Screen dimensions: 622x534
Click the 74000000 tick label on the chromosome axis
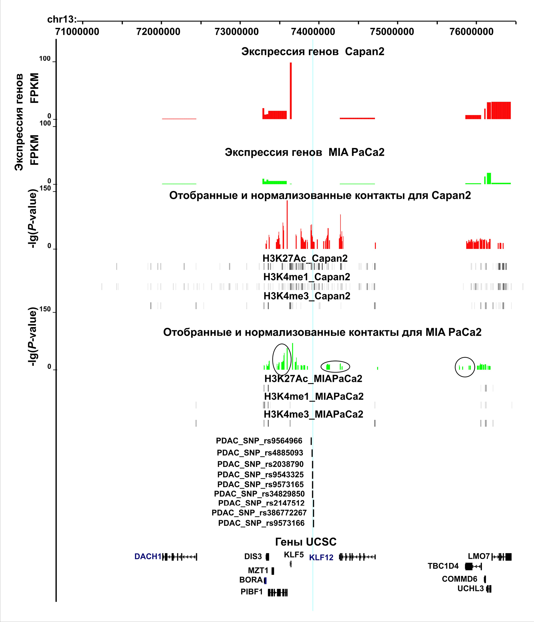pos(313,31)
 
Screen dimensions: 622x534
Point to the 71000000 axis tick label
pos(77,31)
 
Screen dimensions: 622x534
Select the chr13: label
pos(62,19)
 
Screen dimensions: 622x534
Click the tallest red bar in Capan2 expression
pos(291,91)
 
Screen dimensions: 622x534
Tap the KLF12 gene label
pos(321,557)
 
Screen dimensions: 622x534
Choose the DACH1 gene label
pos(148,557)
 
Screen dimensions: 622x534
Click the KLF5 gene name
pos(293,555)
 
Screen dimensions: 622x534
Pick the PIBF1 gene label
pos(251,592)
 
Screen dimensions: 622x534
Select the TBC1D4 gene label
pos(443,566)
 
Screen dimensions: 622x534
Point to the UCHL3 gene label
pos(470,589)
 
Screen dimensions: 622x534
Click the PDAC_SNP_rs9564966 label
pos(259,441)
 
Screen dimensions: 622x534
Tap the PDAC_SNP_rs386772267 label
pos(259,513)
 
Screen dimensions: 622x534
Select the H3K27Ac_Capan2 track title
pos(305,258)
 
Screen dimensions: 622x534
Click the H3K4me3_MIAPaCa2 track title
pos(313,414)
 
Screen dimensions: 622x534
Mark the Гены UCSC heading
pos(306,542)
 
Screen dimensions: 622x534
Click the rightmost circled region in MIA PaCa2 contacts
pos(465,367)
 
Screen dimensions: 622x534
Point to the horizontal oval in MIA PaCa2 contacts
pos(335,366)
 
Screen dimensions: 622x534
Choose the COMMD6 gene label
pos(459,579)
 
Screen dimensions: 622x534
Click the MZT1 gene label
pos(258,571)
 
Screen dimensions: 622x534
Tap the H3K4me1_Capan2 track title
pos(307,277)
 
